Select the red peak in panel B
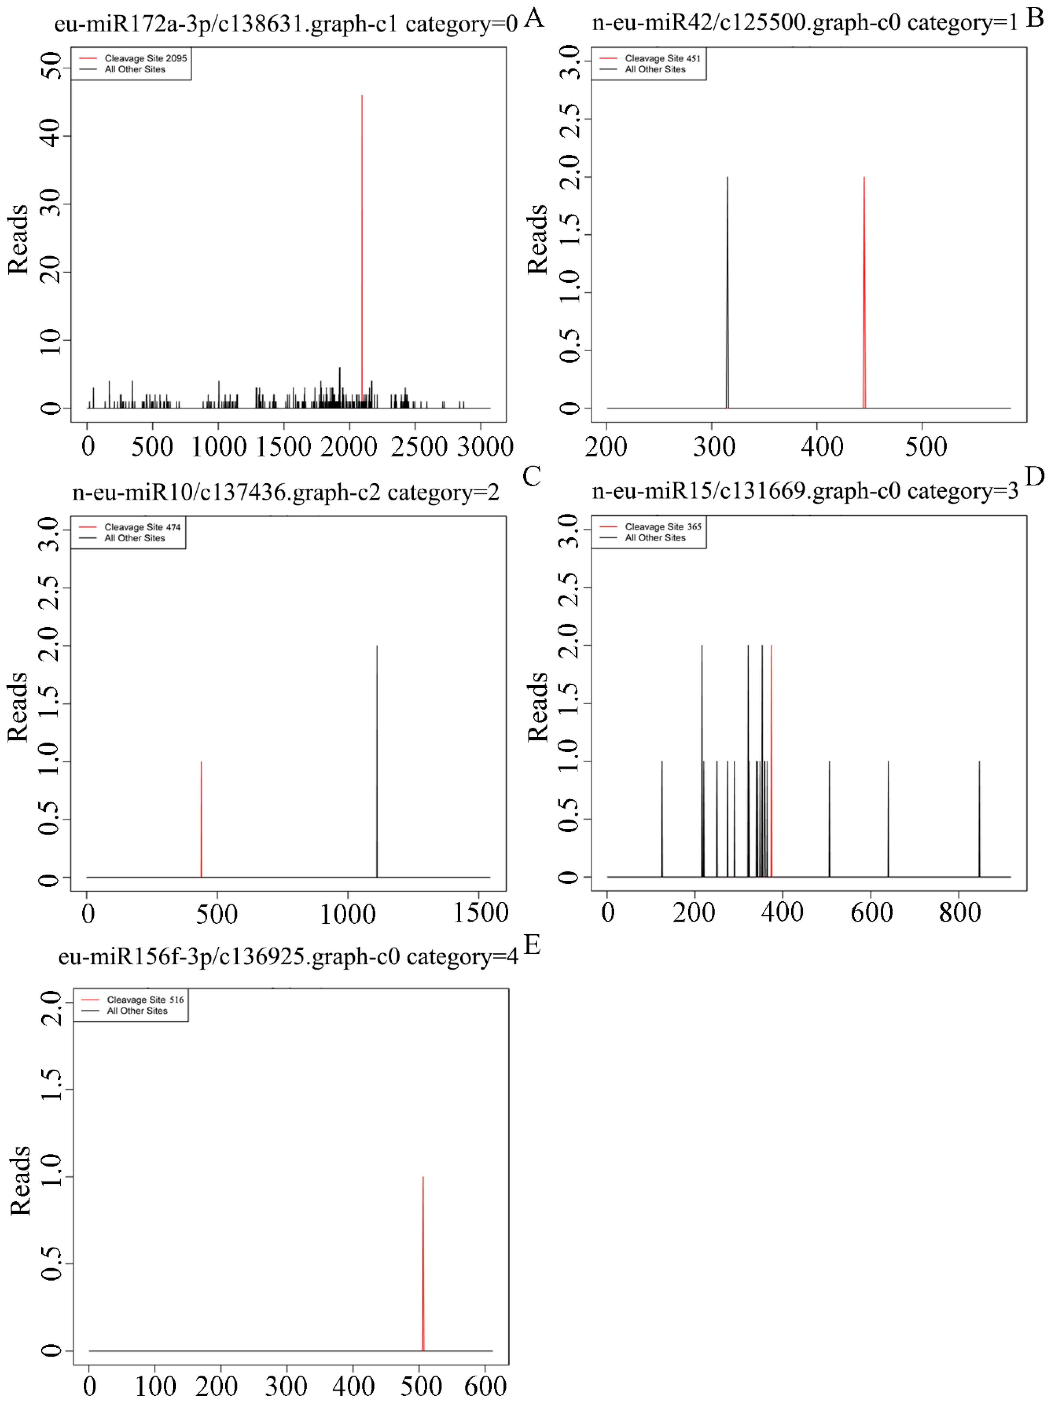(864, 292)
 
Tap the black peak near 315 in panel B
(727, 292)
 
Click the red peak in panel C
(201, 819)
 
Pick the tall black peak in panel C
(377, 762)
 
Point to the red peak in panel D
(771, 762)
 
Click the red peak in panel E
(423, 1264)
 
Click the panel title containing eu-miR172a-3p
(286, 24)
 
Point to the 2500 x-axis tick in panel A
(416, 447)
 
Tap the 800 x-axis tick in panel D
(960, 913)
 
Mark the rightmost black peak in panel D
(979, 819)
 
